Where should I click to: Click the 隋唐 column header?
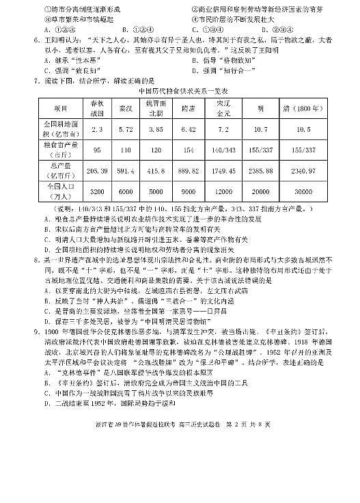pos(189,109)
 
